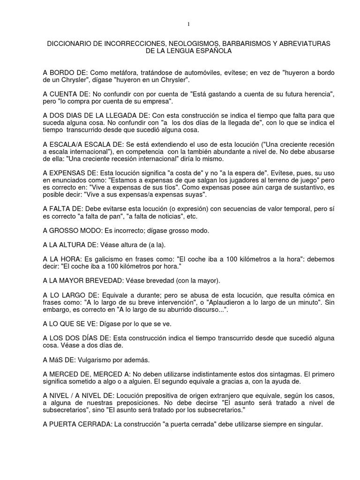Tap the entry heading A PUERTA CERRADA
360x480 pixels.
click(77, 424)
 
